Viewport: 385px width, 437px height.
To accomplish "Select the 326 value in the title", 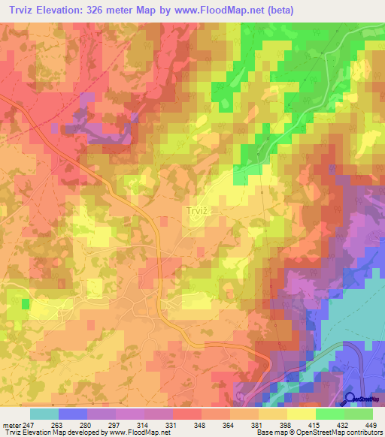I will (x=98, y=11).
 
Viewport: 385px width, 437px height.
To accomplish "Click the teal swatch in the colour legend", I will (x=44, y=414).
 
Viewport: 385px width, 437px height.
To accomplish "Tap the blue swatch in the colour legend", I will (x=72, y=414).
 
